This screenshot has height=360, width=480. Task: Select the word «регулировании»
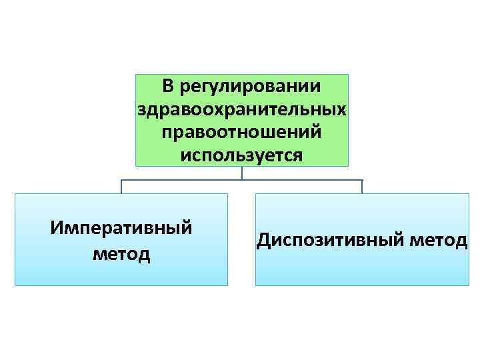click(x=252, y=87)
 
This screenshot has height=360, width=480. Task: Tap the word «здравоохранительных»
click(x=241, y=109)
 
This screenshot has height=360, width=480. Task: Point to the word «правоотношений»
click(x=241, y=131)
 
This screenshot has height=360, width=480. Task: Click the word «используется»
click(x=241, y=154)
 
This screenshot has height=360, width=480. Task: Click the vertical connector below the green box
click(x=241, y=172)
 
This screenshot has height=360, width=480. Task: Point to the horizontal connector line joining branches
click(x=180, y=180)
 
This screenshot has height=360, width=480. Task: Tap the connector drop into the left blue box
click(x=121, y=187)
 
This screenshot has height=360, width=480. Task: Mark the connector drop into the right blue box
click(x=362, y=187)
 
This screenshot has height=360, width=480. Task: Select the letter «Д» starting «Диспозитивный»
click(x=262, y=240)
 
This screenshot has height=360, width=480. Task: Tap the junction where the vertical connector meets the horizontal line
click(x=241, y=180)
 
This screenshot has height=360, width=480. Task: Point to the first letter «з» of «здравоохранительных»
click(x=140, y=109)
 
